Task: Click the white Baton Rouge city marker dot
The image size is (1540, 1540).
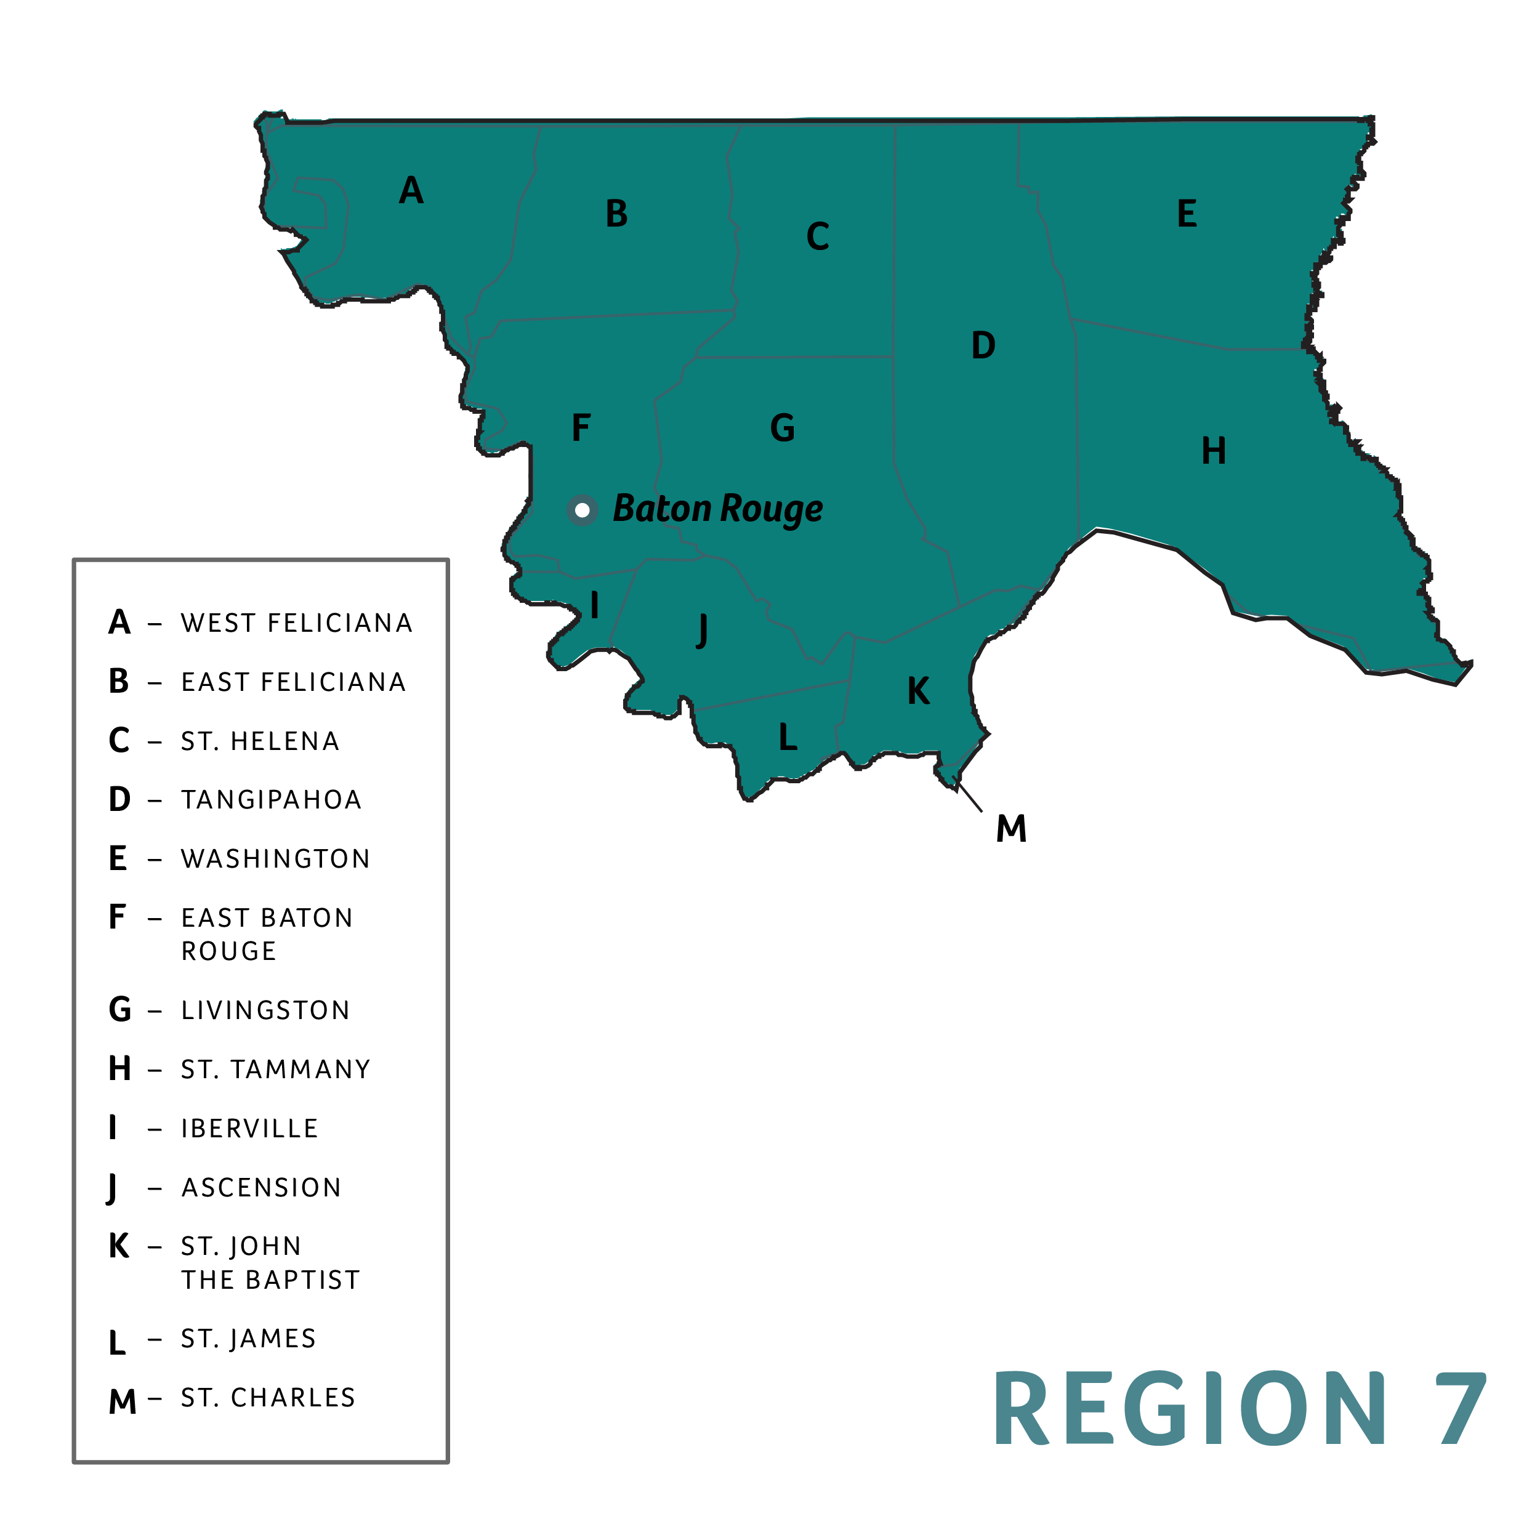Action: pyautogui.click(x=582, y=510)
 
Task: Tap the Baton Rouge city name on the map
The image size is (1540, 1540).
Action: pyautogui.click(x=717, y=509)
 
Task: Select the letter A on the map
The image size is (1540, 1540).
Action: pyautogui.click(x=411, y=190)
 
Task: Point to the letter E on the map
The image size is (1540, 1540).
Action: pyautogui.click(x=1187, y=214)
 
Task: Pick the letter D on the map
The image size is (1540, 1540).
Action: pyautogui.click(x=983, y=346)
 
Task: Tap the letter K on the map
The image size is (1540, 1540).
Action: pyautogui.click(x=918, y=691)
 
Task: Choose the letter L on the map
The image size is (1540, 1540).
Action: pyautogui.click(x=788, y=737)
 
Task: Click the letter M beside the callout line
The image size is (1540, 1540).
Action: pyautogui.click(x=1010, y=829)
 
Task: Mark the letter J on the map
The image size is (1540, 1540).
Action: pyautogui.click(x=701, y=631)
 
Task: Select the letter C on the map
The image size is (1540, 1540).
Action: pyautogui.click(x=818, y=236)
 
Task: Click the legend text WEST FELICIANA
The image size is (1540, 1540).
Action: pyautogui.click(x=297, y=623)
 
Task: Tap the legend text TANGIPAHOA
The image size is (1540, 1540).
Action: pyautogui.click(x=271, y=799)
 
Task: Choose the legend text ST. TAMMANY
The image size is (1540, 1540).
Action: pyautogui.click(x=276, y=1069)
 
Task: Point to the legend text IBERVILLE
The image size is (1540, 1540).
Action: pyautogui.click(x=249, y=1129)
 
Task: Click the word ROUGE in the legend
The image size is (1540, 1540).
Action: pyautogui.click(x=229, y=951)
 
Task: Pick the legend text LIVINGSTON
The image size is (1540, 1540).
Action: pyautogui.click(x=265, y=1010)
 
